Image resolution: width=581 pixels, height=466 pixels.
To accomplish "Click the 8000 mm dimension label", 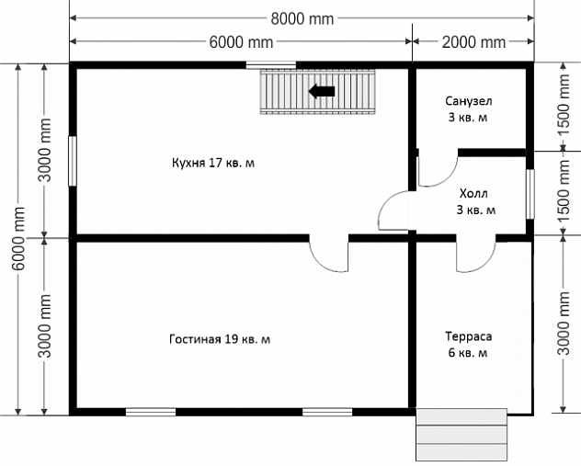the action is [302, 18].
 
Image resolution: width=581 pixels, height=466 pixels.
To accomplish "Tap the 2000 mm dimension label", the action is [473, 42].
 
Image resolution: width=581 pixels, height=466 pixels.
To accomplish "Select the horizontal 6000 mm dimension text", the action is [241, 42].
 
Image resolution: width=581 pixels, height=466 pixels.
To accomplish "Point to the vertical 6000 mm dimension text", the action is [18, 239].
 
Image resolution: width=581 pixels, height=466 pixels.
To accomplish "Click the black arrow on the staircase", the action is [322, 91].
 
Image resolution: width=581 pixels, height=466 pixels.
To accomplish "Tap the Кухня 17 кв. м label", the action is [213, 163].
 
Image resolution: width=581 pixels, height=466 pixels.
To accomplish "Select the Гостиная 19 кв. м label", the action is [220, 339].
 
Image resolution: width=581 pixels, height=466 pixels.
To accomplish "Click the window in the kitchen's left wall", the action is [73, 161].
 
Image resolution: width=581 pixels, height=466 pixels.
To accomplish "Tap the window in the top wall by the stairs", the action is [271, 65].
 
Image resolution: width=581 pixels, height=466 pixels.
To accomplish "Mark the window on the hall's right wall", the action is [530, 194].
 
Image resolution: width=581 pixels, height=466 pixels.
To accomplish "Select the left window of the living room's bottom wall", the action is [151, 412].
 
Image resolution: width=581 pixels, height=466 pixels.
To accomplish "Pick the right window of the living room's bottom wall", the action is [327, 412].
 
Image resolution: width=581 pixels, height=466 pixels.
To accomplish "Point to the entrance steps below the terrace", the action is [461, 435].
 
